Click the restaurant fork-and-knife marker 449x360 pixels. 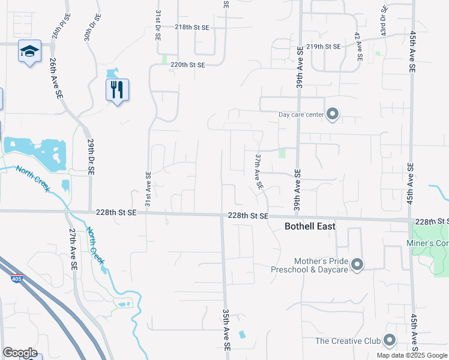[x=117, y=90]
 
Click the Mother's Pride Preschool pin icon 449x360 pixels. [x=357, y=265]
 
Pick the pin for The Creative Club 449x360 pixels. [x=390, y=341]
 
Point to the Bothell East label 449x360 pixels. [x=309, y=226]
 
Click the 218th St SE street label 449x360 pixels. [x=192, y=28]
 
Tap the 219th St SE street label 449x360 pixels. [x=323, y=46]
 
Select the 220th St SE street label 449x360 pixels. [x=188, y=64]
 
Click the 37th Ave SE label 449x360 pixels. [x=259, y=172]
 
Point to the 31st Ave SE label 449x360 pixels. [x=148, y=188]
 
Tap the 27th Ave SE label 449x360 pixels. [x=72, y=248]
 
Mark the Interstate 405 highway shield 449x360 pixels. [x=17, y=278]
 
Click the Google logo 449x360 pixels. [x=20, y=352]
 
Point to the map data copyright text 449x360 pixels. [x=412, y=355]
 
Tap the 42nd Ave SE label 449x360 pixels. [x=358, y=47]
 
